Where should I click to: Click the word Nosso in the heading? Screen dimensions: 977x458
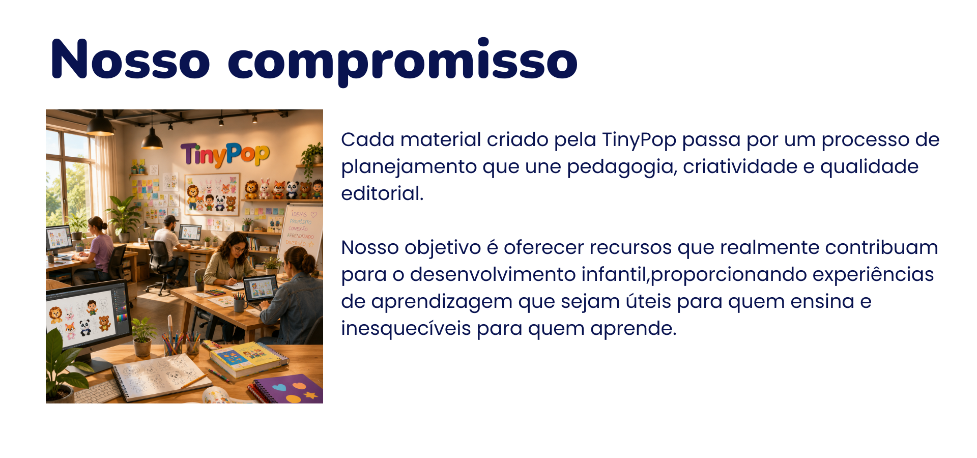131,60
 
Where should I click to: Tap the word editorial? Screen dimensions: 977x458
382,194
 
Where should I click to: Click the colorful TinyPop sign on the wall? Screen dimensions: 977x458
225,154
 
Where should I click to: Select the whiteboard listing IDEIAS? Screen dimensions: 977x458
300,232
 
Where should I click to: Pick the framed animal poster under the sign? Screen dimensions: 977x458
212,193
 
